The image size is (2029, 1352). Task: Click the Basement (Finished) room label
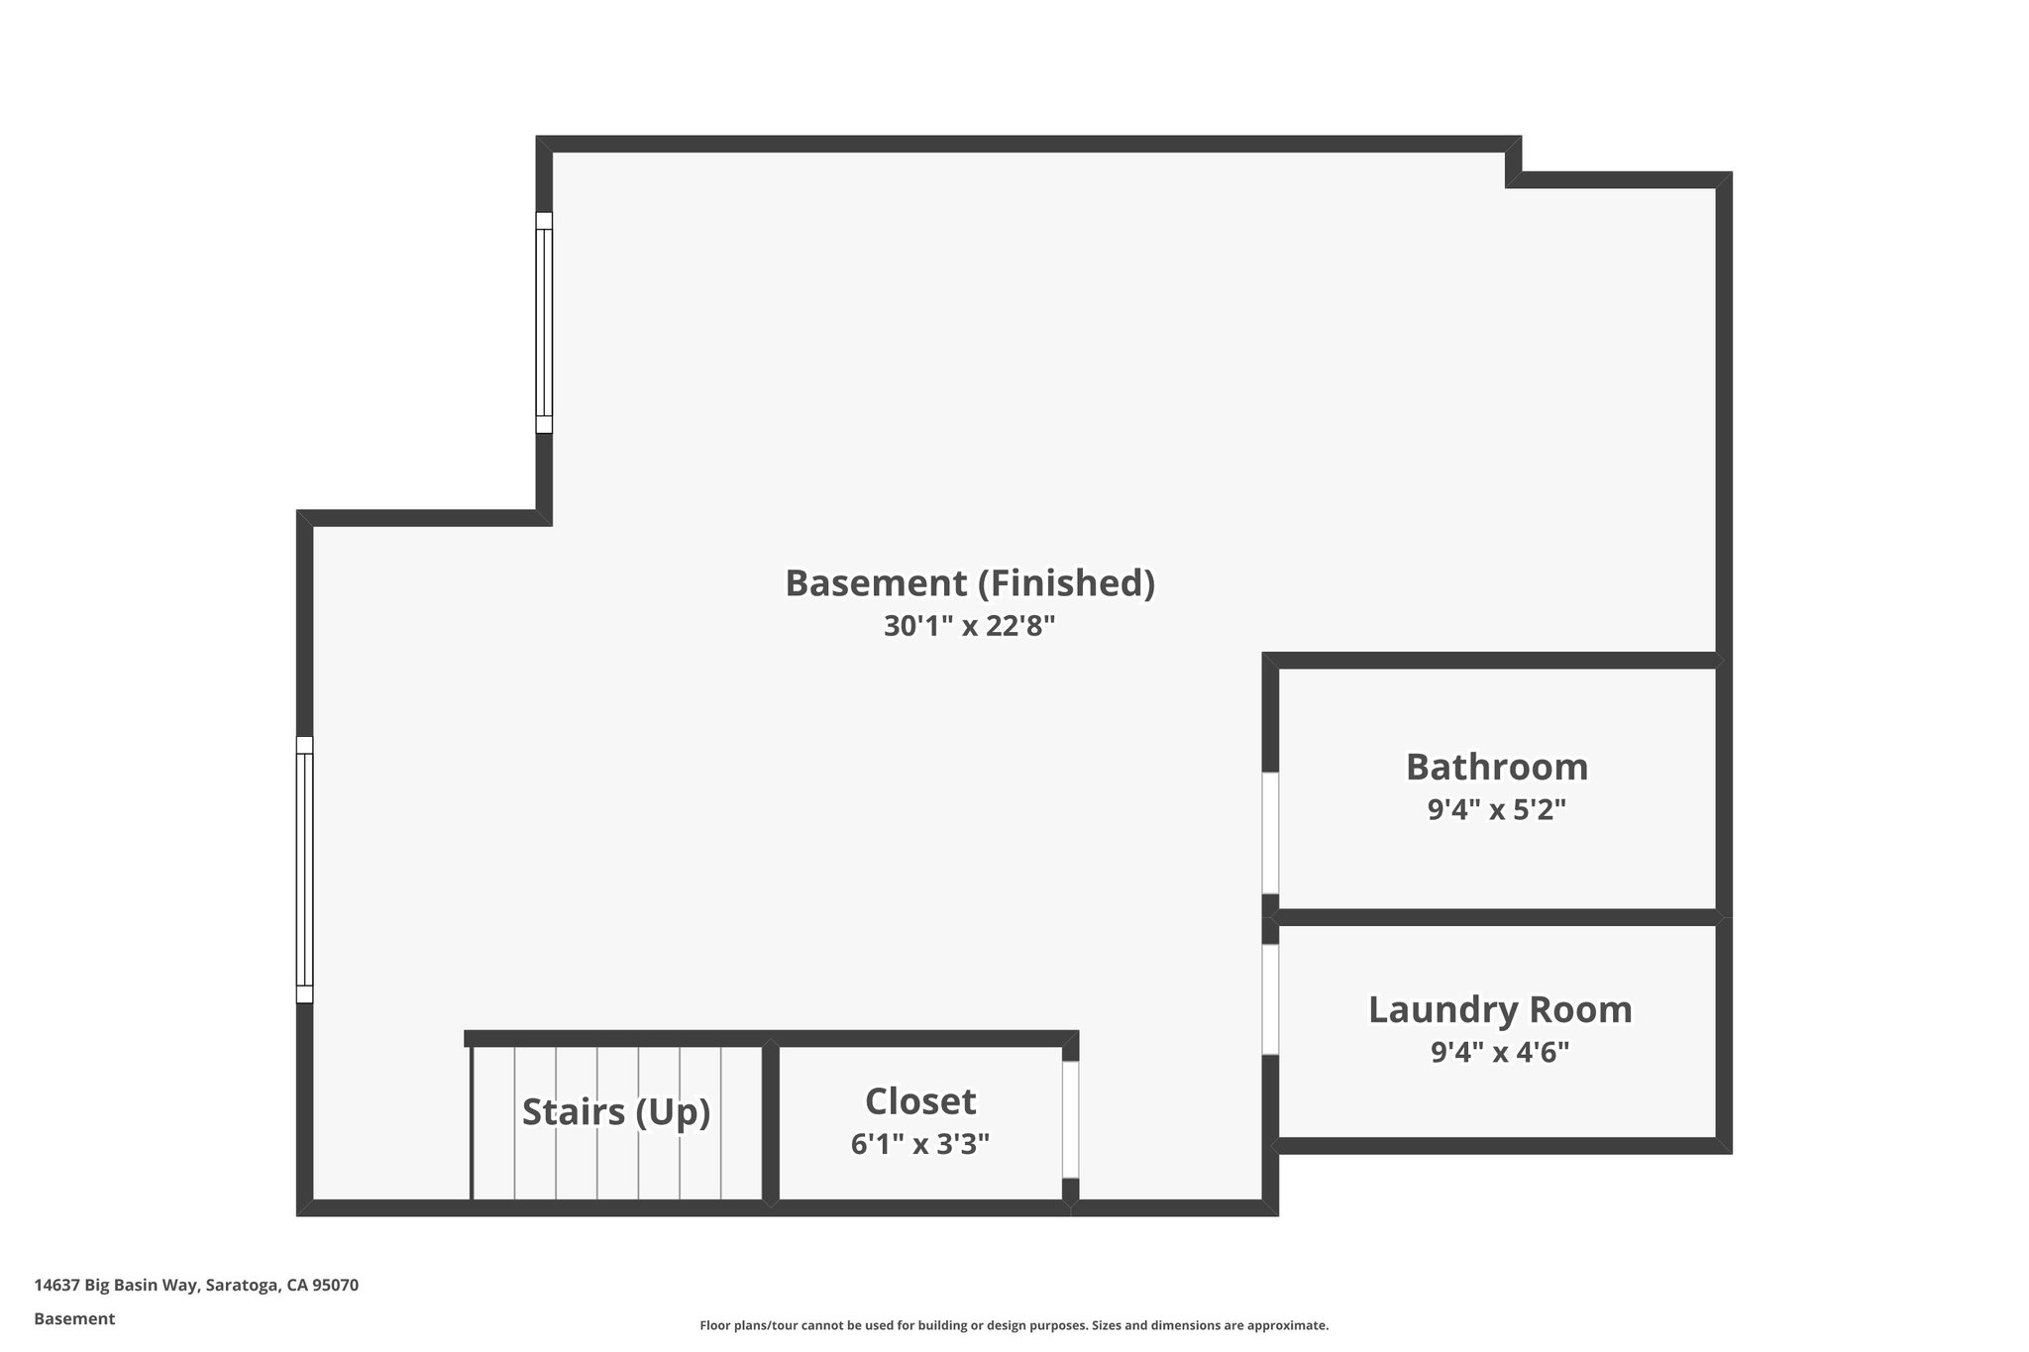click(x=970, y=583)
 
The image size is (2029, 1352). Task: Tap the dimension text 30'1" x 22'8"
click(x=970, y=626)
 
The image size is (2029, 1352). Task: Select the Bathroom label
click(x=1496, y=768)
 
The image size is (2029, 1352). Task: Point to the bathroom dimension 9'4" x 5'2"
click(x=1496, y=810)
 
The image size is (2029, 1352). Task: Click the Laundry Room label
click(x=1499, y=1010)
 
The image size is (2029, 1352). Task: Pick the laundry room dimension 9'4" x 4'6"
click(x=1499, y=1052)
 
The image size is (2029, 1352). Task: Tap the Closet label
click(x=919, y=1101)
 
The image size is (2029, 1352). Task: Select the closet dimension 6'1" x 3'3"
click(x=919, y=1145)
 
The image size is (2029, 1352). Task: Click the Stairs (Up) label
click(x=616, y=1112)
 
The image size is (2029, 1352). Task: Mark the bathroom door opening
click(x=1269, y=833)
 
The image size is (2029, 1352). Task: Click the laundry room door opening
click(x=1269, y=998)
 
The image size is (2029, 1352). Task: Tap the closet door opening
click(x=1070, y=1119)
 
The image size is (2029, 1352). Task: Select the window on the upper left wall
click(x=544, y=323)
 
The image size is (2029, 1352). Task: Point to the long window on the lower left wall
click(x=304, y=870)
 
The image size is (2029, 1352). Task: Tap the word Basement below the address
click(x=74, y=1319)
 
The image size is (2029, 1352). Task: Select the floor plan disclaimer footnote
click(x=1014, y=1325)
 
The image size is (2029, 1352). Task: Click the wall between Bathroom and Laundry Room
click(x=1496, y=917)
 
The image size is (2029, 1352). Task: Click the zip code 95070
click(x=335, y=1286)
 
